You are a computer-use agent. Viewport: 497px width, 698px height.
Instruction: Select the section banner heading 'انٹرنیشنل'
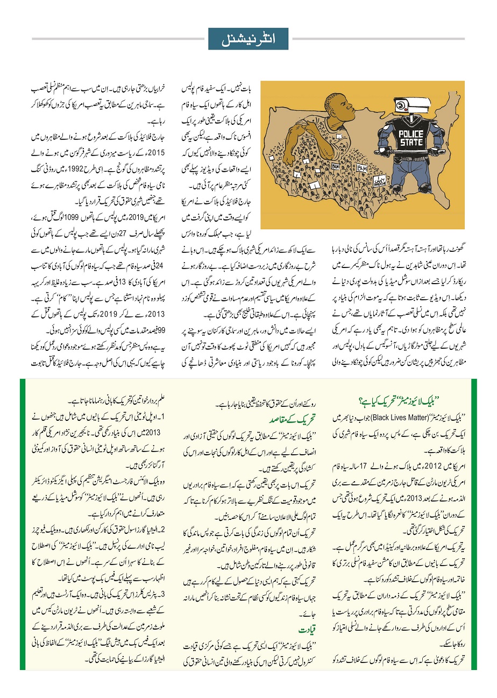point(248,39)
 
